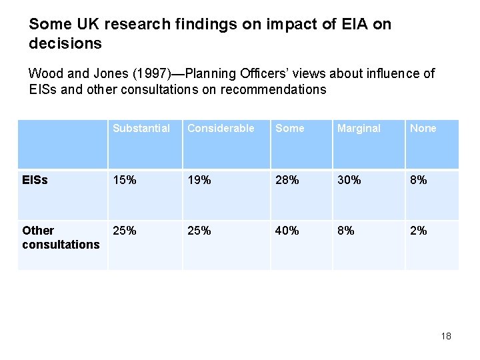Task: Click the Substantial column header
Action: pyautogui.click(x=141, y=128)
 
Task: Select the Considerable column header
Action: pyautogui.click(x=221, y=128)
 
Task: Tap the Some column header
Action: pyautogui.click(x=289, y=128)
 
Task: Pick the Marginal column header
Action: pyautogui.click(x=359, y=128)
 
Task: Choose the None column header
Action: pyautogui.click(x=423, y=128)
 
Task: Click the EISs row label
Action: pyautogui.click(x=35, y=180)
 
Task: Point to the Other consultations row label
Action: pyautogui.click(x=61, y=237)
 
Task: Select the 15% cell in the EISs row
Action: pyautogui.click(x=125, y=180)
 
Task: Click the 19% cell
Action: pyautogui.click(x=199, y=180)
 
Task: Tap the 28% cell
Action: pyautogui.click(x=288, y=180)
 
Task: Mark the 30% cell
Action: pyautogui.click(x=350, y=180)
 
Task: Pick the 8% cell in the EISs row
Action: pyautogui.click(x=419, y=180)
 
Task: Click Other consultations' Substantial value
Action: pyautogui.click(x=125, y=231)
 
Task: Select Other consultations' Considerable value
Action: pyautogui.click(x=199, y=231)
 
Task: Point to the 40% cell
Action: pyautogui.click(x=288, y=231)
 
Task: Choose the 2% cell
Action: pyautogui.click(x=419, y=231)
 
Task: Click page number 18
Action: pyautogui.click(x=446, y=336)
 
